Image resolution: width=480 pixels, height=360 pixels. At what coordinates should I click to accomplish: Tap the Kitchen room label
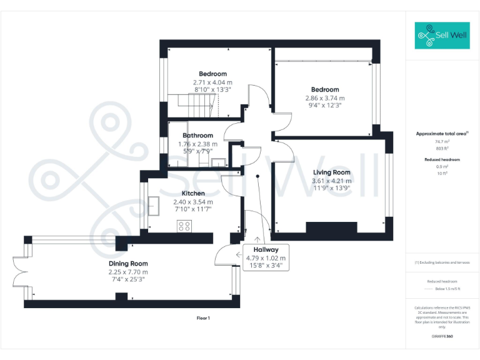pyautogui.click(x=193, y=194)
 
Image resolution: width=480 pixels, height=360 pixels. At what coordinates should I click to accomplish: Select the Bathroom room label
pyautogui.click(x=197, y=136)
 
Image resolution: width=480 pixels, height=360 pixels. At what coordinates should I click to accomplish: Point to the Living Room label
pyautogui.click(x=331, y=172)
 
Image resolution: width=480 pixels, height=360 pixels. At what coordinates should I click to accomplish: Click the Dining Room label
pyautogui.click(x=128, y=264)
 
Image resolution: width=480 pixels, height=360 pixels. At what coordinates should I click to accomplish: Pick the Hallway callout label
pyautogui.click(x=266, y=250)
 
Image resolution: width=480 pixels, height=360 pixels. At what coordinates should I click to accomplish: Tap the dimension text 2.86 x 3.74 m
pyautogui.click(x=325, y=98)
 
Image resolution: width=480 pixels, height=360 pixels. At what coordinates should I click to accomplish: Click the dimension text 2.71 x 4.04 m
pyautogui.click(x=212, y=82)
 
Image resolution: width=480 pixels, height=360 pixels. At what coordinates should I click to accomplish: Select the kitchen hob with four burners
pyautogui.click(x=185, y=226)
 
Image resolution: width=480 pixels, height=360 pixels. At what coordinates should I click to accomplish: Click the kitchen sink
pyautogui.click(x=153, y=207)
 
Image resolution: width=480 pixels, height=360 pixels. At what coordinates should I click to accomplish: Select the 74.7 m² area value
pyautogui.click(x=442, y=142)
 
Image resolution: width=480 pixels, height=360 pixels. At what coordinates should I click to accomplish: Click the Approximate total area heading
pyautogui.click(x=442, y=134)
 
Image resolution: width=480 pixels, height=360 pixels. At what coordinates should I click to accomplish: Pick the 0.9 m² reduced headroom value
pyautogui.click(x=442, y=167)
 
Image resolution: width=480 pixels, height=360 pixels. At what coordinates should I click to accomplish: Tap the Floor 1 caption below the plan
pyautogui.click(x=203, y=318)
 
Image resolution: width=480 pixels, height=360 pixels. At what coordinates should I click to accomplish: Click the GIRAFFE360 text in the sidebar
pyautogui.click(x=442, y=337)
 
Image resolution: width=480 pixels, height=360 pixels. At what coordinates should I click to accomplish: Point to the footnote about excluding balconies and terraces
pyautogui.click(x=442, y=262)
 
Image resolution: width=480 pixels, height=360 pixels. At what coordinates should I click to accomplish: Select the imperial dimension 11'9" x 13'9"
pyautogui.click(x=331, y=188)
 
